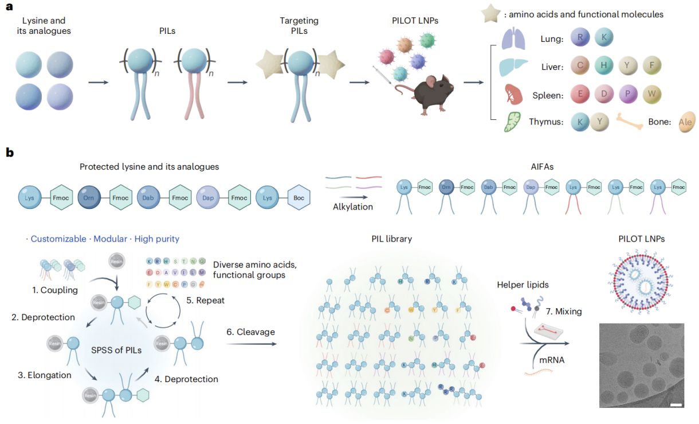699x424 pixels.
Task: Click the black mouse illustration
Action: point(427,92)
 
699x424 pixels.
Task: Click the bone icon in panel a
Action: point(633,120)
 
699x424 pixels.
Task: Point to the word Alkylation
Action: point(352,207)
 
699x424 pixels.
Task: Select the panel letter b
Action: point(9,153)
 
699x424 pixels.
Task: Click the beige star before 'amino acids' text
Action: point(490,14)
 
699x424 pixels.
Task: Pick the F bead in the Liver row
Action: point(651,66)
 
